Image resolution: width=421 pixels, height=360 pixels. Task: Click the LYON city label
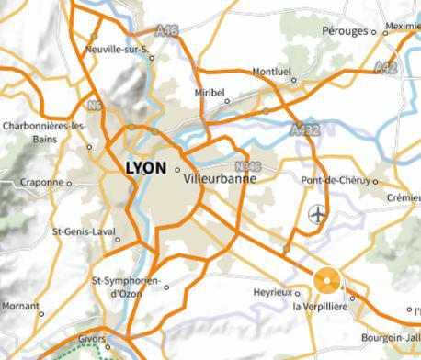(x=144, y=169)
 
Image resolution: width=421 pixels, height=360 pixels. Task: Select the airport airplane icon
(x=318, y=216)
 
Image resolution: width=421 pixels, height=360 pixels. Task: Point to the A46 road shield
(x=165, y=29)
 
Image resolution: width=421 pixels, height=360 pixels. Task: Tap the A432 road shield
(x=305, y=130)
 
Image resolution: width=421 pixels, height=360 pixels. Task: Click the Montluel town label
(x=270, y=71)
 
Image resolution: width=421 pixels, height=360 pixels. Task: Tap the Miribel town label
(x=210, y=92)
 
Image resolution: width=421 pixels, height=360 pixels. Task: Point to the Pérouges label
(x=345, y=31)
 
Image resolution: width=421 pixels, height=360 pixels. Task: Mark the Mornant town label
(x=19, y=305)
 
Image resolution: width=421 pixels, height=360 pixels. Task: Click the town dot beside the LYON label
(x=177, y=169)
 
